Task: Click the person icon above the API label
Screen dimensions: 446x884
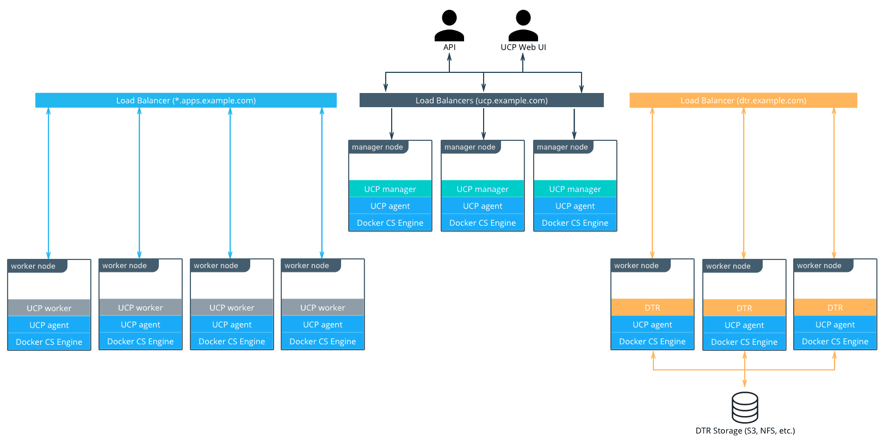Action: click(449, 26)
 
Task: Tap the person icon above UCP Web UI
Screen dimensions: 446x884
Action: click(523, 26)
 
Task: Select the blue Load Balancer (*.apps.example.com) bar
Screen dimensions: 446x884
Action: click(186, 101)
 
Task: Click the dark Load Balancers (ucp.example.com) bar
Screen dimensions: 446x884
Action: click(481, 101)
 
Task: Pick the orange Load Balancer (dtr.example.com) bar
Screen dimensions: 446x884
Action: click(743, 101)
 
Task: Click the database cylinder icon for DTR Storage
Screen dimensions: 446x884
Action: click(745, 407)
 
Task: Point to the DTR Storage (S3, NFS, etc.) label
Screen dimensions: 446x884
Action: click(745, 431)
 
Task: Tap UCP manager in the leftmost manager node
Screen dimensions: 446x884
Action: click(390, 189)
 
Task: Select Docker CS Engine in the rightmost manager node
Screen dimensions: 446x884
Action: click(575, 223)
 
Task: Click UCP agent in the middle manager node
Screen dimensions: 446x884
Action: click(483, 206)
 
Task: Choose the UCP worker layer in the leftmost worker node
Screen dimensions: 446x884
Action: click(49, 308)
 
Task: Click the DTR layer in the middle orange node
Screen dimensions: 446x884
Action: click(744, 308)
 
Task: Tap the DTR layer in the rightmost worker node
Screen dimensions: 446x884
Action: click(835, 308)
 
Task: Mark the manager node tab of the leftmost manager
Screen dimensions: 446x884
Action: click(378, 147)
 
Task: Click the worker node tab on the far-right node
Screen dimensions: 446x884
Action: click(819, 266)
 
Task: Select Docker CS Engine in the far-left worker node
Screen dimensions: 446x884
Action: click(49, 342)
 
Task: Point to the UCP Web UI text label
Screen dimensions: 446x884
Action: click(523, 47)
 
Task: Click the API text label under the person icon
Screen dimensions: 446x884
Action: click(449, 47)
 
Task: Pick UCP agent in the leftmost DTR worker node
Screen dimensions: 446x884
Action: click(652, 325)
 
